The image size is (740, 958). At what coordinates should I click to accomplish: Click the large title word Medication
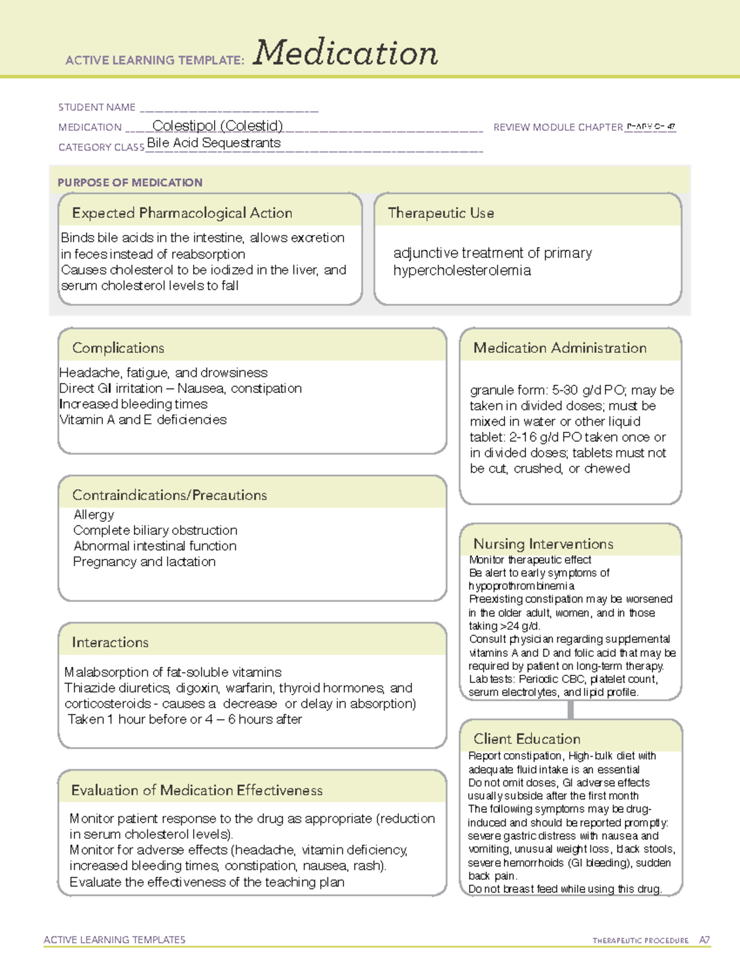(x=345, y=53)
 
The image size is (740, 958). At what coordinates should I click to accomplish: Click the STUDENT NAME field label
(x=97, y=107)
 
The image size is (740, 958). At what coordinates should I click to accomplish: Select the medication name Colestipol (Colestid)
(x=218, y=126)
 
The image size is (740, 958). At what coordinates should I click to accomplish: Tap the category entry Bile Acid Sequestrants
(x=214, y=143)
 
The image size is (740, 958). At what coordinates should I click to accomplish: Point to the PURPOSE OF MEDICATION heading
(x=130, y=183)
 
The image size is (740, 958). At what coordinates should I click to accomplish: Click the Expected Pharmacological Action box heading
(x=182, y=213)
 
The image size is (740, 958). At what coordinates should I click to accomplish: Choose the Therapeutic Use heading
(x=441, y=213)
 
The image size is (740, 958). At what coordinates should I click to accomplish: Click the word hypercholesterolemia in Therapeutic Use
(x=462, y=270)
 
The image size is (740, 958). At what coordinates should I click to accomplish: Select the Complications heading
(x=118, y=348)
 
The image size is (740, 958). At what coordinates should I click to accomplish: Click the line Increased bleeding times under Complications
(x=133, y=404)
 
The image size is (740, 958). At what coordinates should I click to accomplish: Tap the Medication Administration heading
(x=560, y=348)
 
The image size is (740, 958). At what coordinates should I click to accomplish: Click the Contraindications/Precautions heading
(x=170, y=495)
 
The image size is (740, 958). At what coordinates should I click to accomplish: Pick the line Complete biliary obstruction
(x=155, y=531)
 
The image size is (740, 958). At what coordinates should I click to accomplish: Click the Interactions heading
(x=110, y=642)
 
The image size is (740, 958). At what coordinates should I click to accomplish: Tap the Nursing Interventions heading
(x=543, y=543)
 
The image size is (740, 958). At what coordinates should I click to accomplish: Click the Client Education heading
(x=527, y=739)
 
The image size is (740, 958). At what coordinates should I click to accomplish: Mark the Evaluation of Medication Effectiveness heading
(x=197, y=790)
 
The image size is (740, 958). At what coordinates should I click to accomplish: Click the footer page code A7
(x=704, y=940)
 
